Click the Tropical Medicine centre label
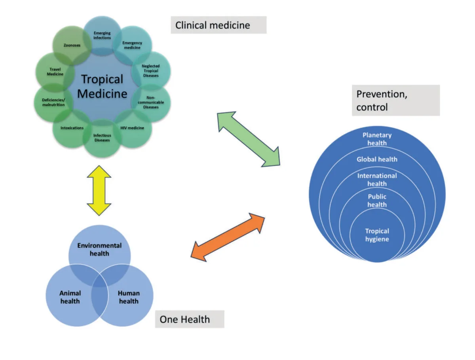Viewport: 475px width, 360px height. click(102, 86)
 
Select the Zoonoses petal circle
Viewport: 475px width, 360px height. click(72, 46)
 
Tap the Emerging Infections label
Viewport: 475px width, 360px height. click(102, 35)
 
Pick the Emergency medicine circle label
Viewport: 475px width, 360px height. click(132, 45)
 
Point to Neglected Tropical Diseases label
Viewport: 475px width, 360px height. click(150, 70)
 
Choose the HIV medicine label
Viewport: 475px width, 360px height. click(132, 128)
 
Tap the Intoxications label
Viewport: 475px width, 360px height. click(72, 128)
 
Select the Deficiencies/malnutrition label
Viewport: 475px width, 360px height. click(53, 102)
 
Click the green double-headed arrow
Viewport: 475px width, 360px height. click(249, 138)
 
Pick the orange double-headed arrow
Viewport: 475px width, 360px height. click(228, 237)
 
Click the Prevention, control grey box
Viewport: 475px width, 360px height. click(395, 100)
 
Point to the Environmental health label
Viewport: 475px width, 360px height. click(99, 249)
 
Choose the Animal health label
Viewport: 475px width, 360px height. click(70, 297)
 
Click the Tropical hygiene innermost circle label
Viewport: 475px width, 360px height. click(377, 235)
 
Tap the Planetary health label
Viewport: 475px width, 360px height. click(377, 139)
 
